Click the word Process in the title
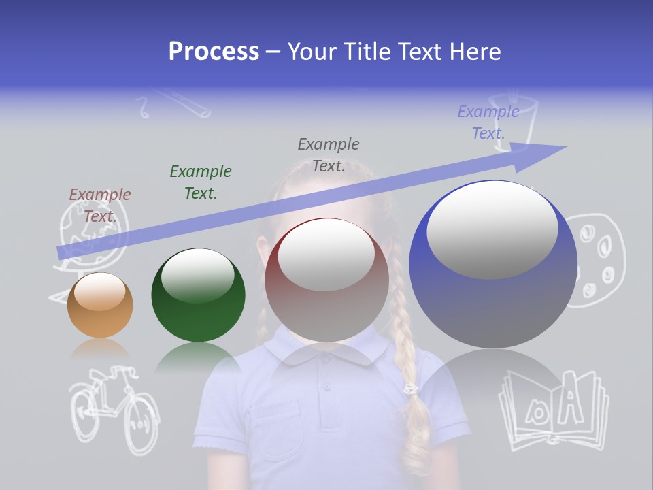click(214, 52)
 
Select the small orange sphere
click(100, 305)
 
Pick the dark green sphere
click(198, 295)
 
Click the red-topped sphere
click(326, 280)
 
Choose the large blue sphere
click(493, 264)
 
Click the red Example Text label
click(100, 206)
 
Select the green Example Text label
click(201, 182)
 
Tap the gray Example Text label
click(329, 155)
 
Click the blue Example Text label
click(488, 122)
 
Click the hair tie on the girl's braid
click(410, 389)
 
